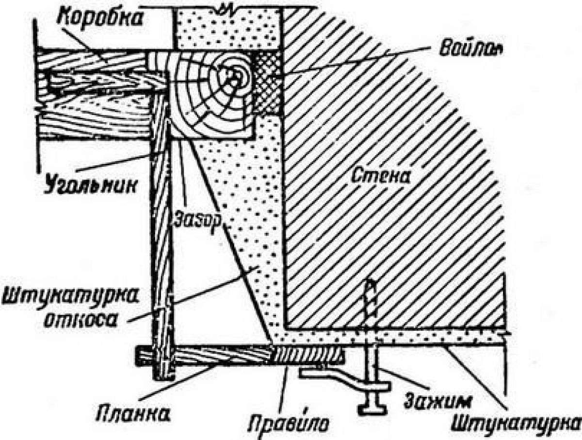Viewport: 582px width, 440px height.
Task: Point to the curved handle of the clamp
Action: click(344, 379)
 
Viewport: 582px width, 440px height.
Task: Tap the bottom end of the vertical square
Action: click(164, 379)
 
